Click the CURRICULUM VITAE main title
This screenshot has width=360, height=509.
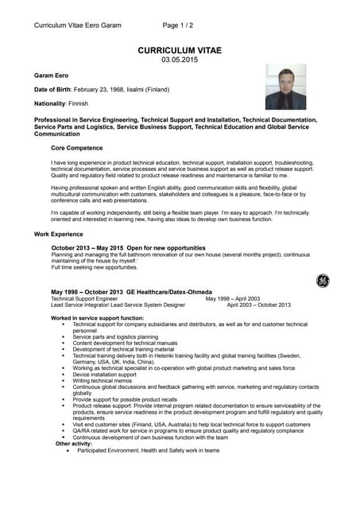pos(180,50)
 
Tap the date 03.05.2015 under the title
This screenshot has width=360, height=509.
pos(180,60)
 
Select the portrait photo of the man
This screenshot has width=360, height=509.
pos(285,87)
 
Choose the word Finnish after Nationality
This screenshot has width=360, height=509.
pos(78,103)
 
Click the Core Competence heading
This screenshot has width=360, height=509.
pos(77,148)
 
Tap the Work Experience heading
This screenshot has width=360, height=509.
pos(59,234)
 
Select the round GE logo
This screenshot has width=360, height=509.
pos(322,280)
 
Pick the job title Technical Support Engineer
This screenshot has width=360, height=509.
pos(84,298)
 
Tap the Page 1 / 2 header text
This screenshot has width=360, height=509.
pos(178,25)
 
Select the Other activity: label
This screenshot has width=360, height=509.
pos(68,443)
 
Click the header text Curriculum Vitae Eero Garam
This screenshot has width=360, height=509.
pos(78,25)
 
